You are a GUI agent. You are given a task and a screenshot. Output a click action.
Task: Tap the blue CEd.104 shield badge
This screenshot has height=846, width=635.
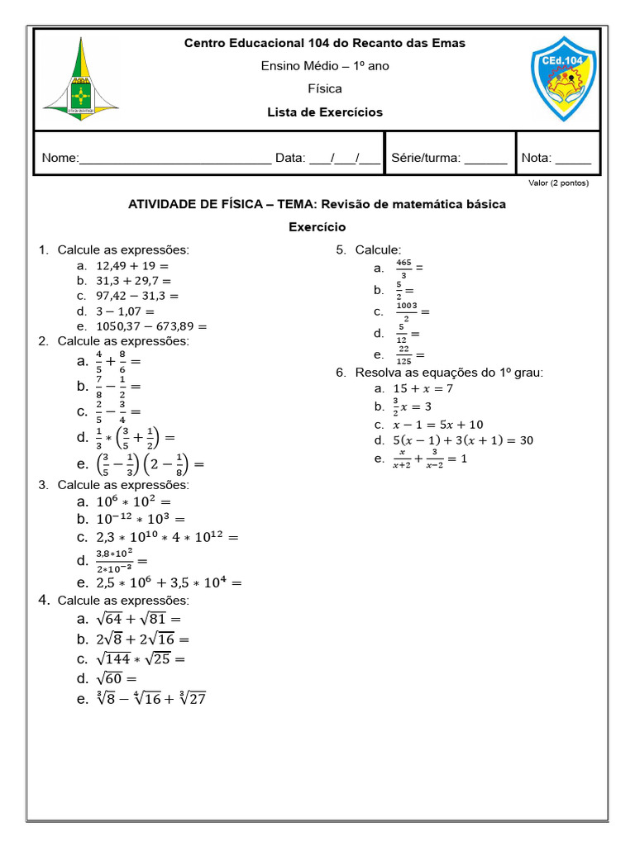pyautogui.click(x=563, y=78)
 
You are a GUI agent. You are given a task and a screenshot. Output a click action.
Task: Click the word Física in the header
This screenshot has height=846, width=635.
pyautogui.click(x=324, y=88)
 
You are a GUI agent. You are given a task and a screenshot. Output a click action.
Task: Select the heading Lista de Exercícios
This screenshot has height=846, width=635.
pyautogui.click(x=324, y=112)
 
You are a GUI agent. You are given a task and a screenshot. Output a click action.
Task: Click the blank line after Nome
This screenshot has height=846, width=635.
pyautogui.click(x=175, y=159)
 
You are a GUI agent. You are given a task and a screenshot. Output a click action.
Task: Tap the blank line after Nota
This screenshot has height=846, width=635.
pyautogui.click(x=573, y=159)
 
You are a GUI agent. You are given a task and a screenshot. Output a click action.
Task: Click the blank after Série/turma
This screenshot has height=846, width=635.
pyautogui.click(x=486, y=159)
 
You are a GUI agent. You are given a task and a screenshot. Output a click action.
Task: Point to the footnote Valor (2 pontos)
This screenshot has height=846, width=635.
pyautogui.click(x=558, y=183)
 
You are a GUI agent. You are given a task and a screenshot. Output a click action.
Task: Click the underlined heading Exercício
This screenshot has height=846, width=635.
pyautogui.click(x=317, y=226)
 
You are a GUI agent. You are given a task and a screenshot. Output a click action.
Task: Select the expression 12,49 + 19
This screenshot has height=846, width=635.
pyautogui.click(x=132, y=266)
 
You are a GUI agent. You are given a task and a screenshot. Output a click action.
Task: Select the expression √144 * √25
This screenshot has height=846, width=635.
pyautogui.click(x=141, y=658)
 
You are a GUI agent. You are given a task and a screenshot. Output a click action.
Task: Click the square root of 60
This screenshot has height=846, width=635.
pyautogui.click(x=117, y=679)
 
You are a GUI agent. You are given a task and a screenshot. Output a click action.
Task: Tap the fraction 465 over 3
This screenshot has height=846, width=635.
pyautogui.click(x=404, y=268)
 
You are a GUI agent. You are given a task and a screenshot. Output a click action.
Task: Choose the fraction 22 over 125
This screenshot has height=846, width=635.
pyautogui.click(x=404, y=354)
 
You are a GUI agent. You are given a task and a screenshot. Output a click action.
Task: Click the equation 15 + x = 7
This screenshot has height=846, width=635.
pyautogui.click(x=423, y=388)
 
